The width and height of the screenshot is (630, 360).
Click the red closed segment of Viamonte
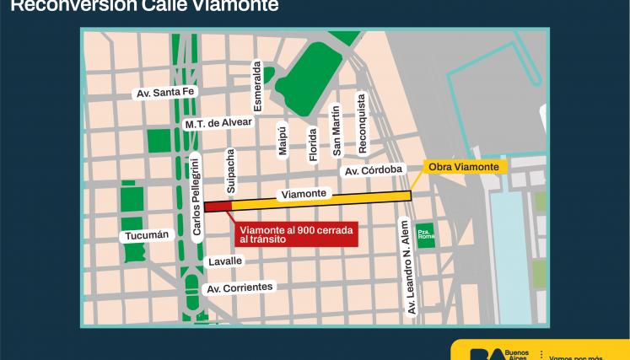tap(217, 205)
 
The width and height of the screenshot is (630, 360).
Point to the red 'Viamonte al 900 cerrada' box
tap(294, 234)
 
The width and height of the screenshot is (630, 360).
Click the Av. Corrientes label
tap(240, 287)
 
